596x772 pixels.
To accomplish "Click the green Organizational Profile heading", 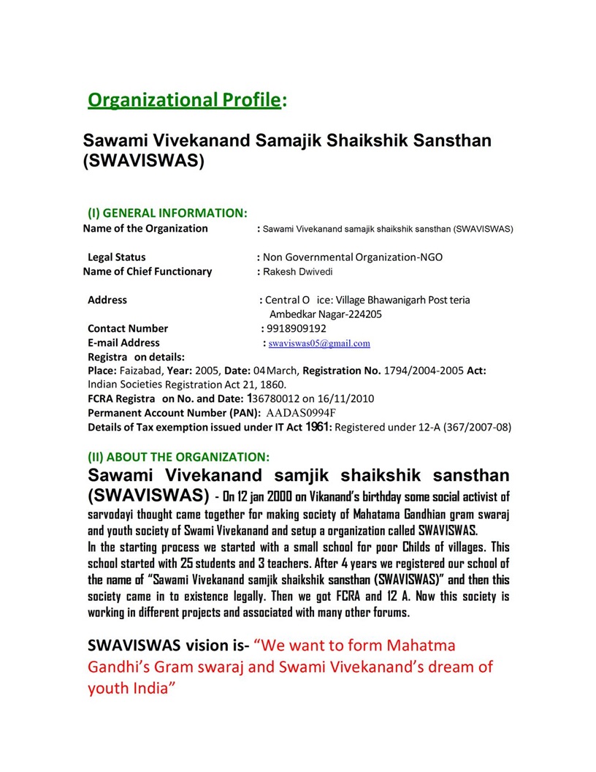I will pos(184,100).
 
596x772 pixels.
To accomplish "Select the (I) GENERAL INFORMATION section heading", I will pos(167,213).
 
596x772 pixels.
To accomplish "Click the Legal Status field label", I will pos(117,257).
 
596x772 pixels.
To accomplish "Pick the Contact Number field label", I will pos(128,328).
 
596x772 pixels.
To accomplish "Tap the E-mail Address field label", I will pos(123,342).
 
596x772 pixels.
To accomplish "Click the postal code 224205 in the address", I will pos(365,314).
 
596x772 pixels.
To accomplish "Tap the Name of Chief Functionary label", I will pos(148,271).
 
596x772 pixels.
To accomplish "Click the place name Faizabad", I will pos(141,371).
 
